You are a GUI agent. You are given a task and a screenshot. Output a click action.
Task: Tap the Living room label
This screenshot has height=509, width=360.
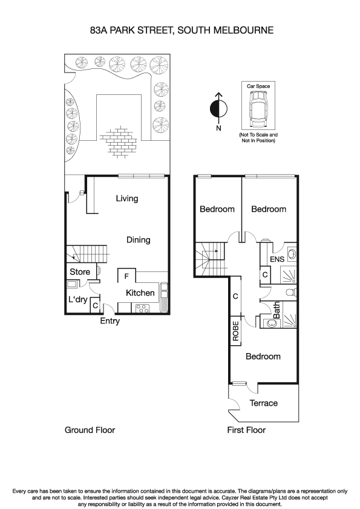(127, 198)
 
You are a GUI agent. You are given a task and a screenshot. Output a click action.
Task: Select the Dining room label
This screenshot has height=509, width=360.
(138, 240)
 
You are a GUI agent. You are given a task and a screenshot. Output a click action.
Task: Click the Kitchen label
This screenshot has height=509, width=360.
(140, 293)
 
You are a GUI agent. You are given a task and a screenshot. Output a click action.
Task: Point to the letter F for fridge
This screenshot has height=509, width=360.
(126, 276)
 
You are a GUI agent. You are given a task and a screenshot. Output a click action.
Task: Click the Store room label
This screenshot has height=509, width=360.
(80, 272)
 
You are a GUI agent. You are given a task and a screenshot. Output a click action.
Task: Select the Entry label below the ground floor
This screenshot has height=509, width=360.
(110, 322)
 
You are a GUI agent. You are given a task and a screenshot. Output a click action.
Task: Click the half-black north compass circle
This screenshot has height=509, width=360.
(218, 109)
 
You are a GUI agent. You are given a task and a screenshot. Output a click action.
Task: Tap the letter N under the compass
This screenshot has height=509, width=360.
(219, 128)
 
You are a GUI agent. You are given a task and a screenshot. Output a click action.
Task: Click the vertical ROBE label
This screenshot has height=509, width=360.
(235, 332)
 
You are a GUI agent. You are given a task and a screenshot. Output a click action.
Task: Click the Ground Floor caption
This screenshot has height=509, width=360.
(90, 430)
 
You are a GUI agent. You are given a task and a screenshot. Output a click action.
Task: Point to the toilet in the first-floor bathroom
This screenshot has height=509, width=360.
(291, 292)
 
